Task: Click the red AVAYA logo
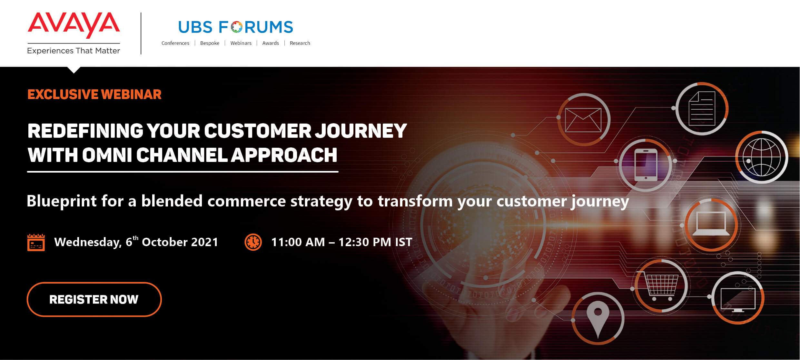pos(74,25)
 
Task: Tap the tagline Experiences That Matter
pos(74,51)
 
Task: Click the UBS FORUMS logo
pos(235,27)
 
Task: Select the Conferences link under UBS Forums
pos(175,43)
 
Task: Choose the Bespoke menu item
pos(210,43)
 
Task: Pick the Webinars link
pos(241,43)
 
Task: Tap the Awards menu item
pos(271,43)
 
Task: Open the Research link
pos(300,43)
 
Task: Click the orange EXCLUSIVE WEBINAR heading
pos(94,94)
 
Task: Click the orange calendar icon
pos(36,242)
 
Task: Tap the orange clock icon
pos(253,242)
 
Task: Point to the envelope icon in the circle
pos(583,120)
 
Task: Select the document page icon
pos(702,109)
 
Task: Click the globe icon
pos(762,157)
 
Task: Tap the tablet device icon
pos(646,165)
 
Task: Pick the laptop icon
pos(711,224)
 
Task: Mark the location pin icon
pos(598,319)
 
